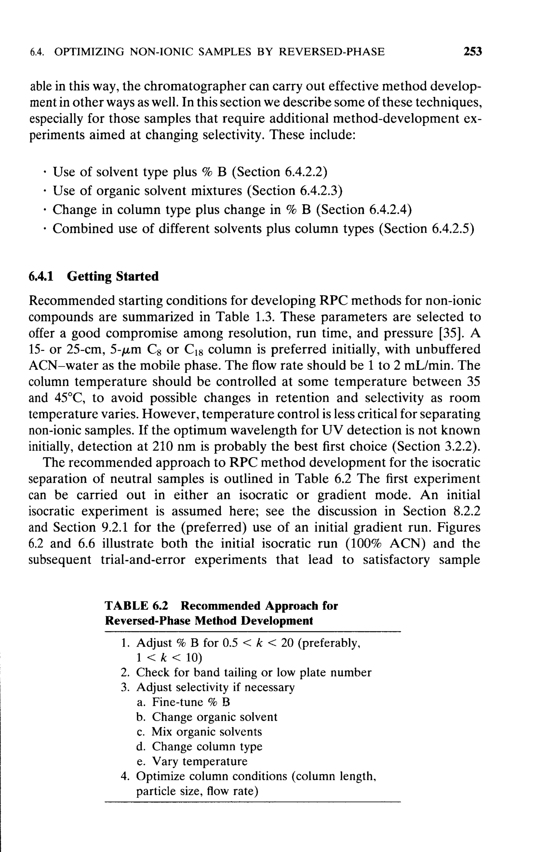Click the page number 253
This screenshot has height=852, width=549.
click(472, 52)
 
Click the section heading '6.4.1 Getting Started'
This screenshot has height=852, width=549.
click(93, 276)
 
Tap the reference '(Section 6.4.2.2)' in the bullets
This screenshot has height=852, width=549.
click(280, 172)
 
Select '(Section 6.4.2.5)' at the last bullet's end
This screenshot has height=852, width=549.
click(427, 228)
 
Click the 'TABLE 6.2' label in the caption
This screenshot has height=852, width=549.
click(136, 605)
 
